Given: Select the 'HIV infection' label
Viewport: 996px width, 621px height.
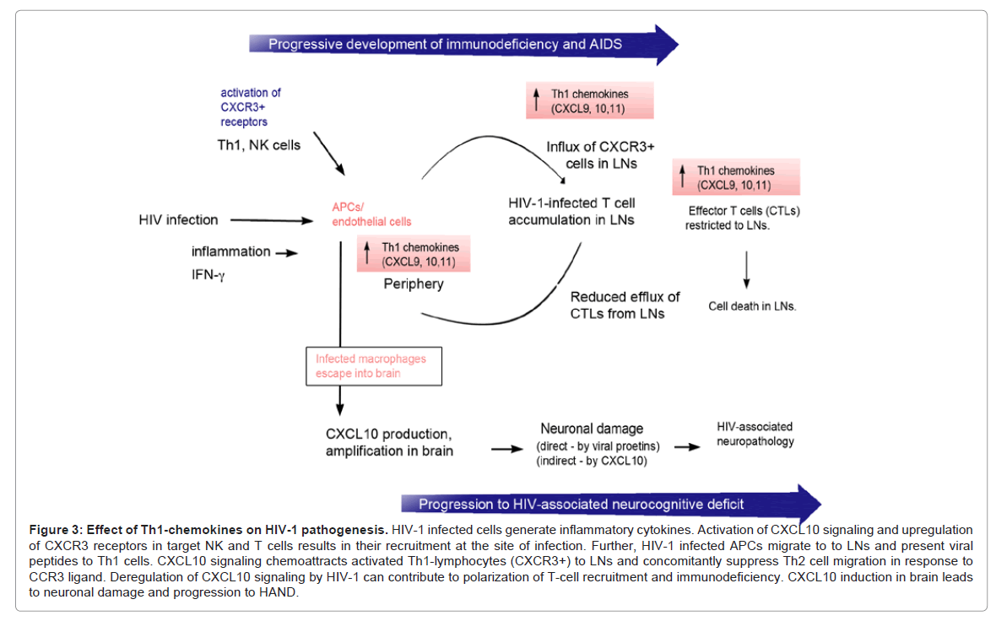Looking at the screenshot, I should tap(178, 220).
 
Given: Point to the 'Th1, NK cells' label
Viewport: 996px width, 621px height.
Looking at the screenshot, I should tap(259, 144).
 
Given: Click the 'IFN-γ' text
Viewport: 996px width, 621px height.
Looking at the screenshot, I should tap(208, 273).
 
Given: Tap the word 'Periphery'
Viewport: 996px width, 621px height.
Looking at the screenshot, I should tap(414, 283).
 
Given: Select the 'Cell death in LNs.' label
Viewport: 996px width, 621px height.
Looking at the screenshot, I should tap(752, 306).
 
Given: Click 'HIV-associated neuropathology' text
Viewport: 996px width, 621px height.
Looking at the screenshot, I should tap(754, 434).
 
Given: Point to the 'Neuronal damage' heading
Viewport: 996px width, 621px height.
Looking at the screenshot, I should tap(591, 429).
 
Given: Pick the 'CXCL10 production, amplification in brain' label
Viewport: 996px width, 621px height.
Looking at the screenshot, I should tap(389, 442).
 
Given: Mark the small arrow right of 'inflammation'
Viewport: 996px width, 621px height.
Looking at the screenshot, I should tap(287, 252).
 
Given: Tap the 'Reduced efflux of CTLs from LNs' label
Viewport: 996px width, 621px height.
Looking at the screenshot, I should tap(625, 305).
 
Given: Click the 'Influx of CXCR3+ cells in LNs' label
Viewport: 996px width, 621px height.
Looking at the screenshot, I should tap(600, 154).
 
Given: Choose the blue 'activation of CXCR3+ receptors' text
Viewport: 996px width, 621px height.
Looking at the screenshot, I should tap(251, 107).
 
